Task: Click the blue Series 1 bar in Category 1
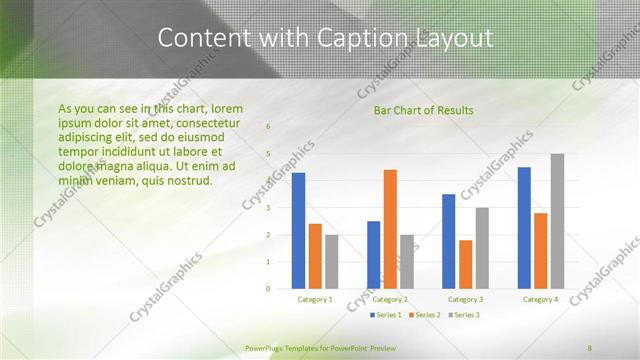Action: [x=298, y=231]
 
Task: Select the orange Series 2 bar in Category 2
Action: [x=389, y=229]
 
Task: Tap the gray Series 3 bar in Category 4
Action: [x=557, y=221]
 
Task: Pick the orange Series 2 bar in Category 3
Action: [x=465, y=264]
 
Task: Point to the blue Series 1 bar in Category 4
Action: [x=524, y=228]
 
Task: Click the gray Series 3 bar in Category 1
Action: [x=331, y=262]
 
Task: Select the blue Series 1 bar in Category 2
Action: [x=373, y=255]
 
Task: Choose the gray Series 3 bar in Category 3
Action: [x=481, y=248]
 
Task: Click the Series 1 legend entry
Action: [x=387, y=315]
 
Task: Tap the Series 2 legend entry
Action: [x=425, y=315]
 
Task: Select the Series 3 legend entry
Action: [x=464, y=315]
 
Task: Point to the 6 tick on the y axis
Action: [x=268, y=127]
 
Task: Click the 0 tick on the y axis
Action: [x=268, y=289]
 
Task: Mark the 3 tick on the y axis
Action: [x=268, y=208]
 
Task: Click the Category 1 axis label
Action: [x=315, y=300]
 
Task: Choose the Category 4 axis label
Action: [x=541, y=300]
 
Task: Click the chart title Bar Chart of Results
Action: [x=424, y=110]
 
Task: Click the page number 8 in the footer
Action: [x=590, y=347]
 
